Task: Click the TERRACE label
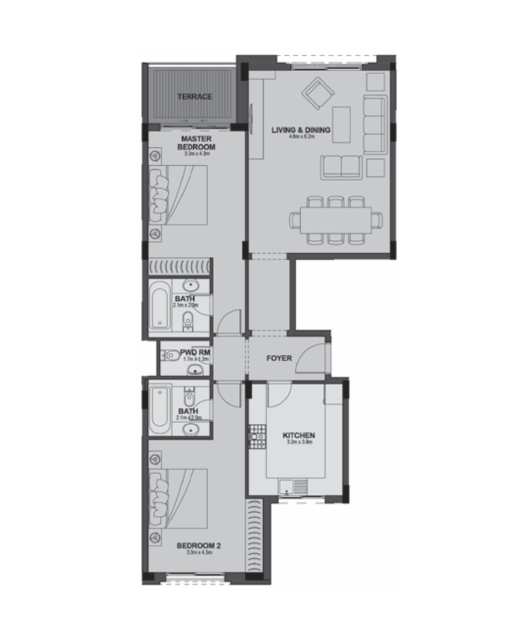tap(195, 97)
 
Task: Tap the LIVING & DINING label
tap(301, 130)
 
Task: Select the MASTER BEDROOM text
tap(196, 143)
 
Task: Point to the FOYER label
tap(279, 358)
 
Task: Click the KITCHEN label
tap(299, 435)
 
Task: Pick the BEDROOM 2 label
tap(198, 545)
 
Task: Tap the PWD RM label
tap(195, 353)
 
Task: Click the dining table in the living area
tap(336, 219)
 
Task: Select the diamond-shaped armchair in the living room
tap(318, 93)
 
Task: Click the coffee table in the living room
tap(341, 124)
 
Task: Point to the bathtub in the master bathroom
tap(160, 304)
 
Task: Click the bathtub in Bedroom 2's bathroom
tap(159, 407)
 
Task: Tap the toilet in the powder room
tap(169, 355)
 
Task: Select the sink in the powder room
tap(195, 371)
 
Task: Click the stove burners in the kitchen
tap(257, 436)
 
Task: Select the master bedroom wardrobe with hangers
tap(179, 267)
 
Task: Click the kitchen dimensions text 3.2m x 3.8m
tap(299, 442)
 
